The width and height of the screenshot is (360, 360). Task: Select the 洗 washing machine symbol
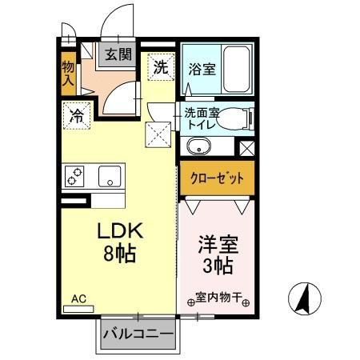tap(161, 67)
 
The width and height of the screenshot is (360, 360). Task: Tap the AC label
tap(78, 298)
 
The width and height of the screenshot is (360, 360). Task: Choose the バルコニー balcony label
tap(137, 332)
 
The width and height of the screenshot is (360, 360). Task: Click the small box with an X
tap(247, 147)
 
